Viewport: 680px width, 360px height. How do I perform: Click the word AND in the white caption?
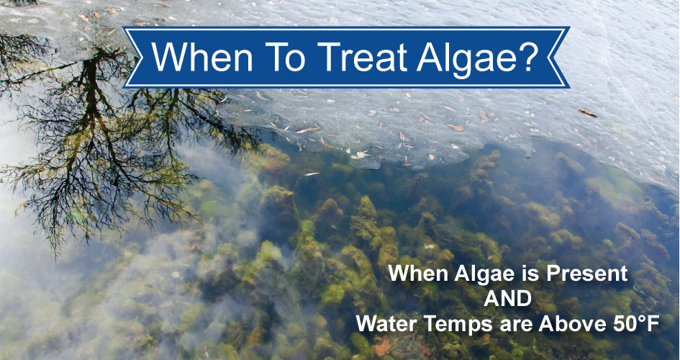[x=508, y=299]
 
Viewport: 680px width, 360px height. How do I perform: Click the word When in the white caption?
[x=413, y=274]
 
